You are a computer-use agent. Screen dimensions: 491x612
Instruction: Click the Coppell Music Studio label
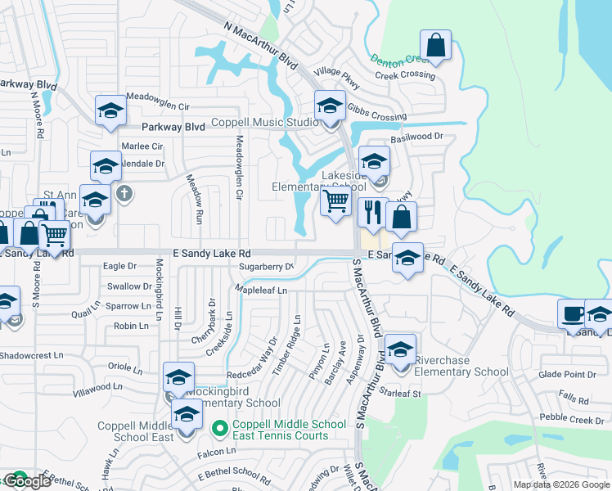click(x=263, y=124)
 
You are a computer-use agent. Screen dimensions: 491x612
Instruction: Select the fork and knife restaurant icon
click(x=373, y=212)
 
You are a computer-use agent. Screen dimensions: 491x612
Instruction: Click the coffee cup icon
click(x=573, y=313)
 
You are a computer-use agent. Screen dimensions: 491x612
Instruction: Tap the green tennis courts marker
click(x=218, y=428)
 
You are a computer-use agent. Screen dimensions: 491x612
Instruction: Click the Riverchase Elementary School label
click(x=461, y=366)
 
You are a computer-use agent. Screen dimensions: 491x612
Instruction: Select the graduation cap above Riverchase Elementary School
click(x=400, y=349)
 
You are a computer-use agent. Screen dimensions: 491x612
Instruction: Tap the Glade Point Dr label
click(x=568, y=375)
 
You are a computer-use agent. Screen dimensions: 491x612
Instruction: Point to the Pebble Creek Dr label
click(x=572, y=420)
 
